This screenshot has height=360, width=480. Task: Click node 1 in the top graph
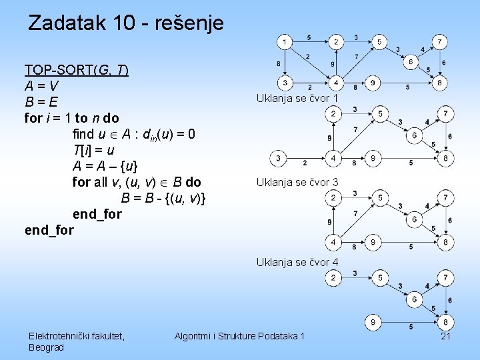click(285, 43)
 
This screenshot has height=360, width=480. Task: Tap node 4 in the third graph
click(333, 241)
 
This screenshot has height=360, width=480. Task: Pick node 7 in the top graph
click(439, 43)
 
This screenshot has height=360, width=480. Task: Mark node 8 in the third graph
click(445, 241)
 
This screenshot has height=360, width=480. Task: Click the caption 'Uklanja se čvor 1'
click(297, 99)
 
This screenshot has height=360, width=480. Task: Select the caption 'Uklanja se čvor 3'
click(297, 182)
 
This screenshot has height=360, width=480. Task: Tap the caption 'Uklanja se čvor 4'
click(297, 263)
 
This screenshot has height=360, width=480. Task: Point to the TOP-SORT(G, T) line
click(77, 70)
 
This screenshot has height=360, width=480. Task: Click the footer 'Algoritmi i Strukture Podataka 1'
click(239, 336)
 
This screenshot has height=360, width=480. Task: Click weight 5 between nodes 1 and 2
click(309, 37)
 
